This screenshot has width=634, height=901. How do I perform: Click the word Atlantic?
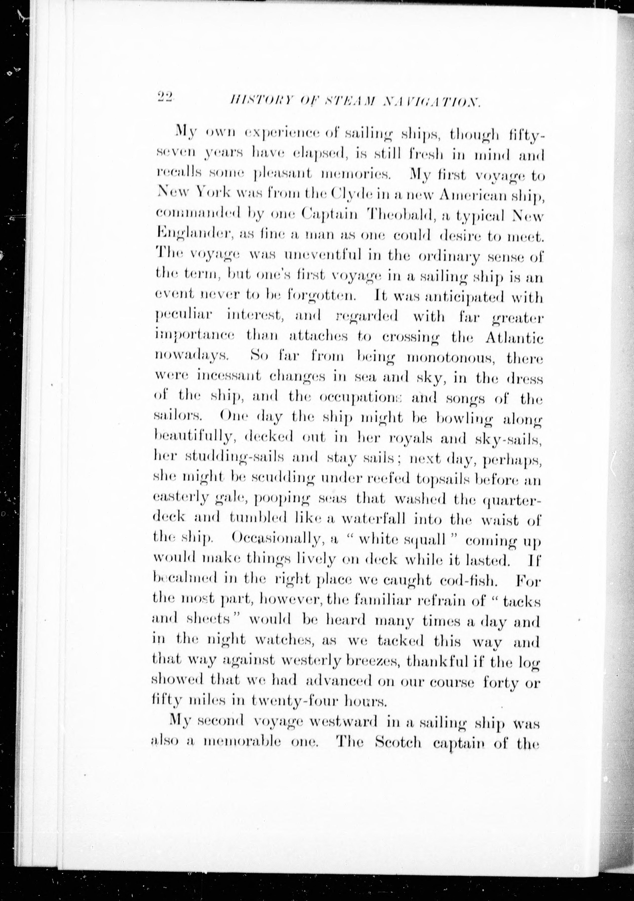click(x=514, y=337)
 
